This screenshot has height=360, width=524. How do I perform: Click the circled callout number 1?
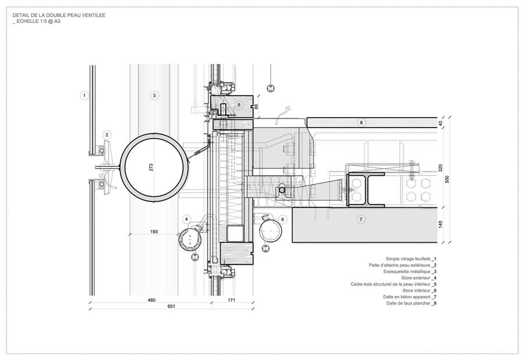84,96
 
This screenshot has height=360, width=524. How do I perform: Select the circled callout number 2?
107,135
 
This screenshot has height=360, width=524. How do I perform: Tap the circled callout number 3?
154,96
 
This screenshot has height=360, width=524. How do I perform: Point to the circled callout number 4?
187,219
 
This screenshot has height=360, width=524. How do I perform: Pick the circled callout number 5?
239,105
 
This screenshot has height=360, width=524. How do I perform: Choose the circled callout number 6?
283,219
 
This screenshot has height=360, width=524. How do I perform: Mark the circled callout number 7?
360,220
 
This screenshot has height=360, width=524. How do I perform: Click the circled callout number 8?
361,123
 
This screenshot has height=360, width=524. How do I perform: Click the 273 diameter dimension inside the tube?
151,167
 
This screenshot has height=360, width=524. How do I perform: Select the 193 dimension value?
154,232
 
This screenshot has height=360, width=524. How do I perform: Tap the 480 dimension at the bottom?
151,300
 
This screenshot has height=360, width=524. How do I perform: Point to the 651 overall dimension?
171,306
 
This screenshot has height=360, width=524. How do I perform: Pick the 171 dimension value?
231,300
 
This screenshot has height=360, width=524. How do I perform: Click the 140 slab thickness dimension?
440,224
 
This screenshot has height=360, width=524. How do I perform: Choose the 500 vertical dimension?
448,179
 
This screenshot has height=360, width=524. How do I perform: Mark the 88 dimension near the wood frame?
257,107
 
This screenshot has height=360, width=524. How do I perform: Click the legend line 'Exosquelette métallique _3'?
410,272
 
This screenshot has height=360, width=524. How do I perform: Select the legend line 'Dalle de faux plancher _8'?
412,303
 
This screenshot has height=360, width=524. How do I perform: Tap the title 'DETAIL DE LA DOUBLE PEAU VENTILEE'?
59,15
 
